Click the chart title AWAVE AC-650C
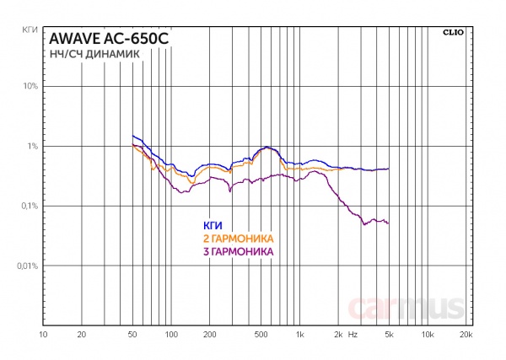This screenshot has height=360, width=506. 96,39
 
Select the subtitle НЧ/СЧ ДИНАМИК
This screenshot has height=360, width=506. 89,54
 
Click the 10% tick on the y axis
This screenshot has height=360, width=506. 29,87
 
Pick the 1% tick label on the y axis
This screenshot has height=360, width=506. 31,147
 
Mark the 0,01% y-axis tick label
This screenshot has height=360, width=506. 25,266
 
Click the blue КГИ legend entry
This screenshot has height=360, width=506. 211,226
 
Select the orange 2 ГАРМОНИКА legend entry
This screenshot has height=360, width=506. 240,239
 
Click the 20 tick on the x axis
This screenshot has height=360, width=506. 81,335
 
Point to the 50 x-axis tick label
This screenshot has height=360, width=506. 132,335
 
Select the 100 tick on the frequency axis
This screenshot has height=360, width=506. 170,335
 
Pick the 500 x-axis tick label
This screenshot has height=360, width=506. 261,335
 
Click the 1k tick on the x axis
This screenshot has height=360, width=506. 299,335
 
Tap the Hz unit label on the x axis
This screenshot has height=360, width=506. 353,335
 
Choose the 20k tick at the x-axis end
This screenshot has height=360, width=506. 466,335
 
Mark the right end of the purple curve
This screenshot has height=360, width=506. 389,223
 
